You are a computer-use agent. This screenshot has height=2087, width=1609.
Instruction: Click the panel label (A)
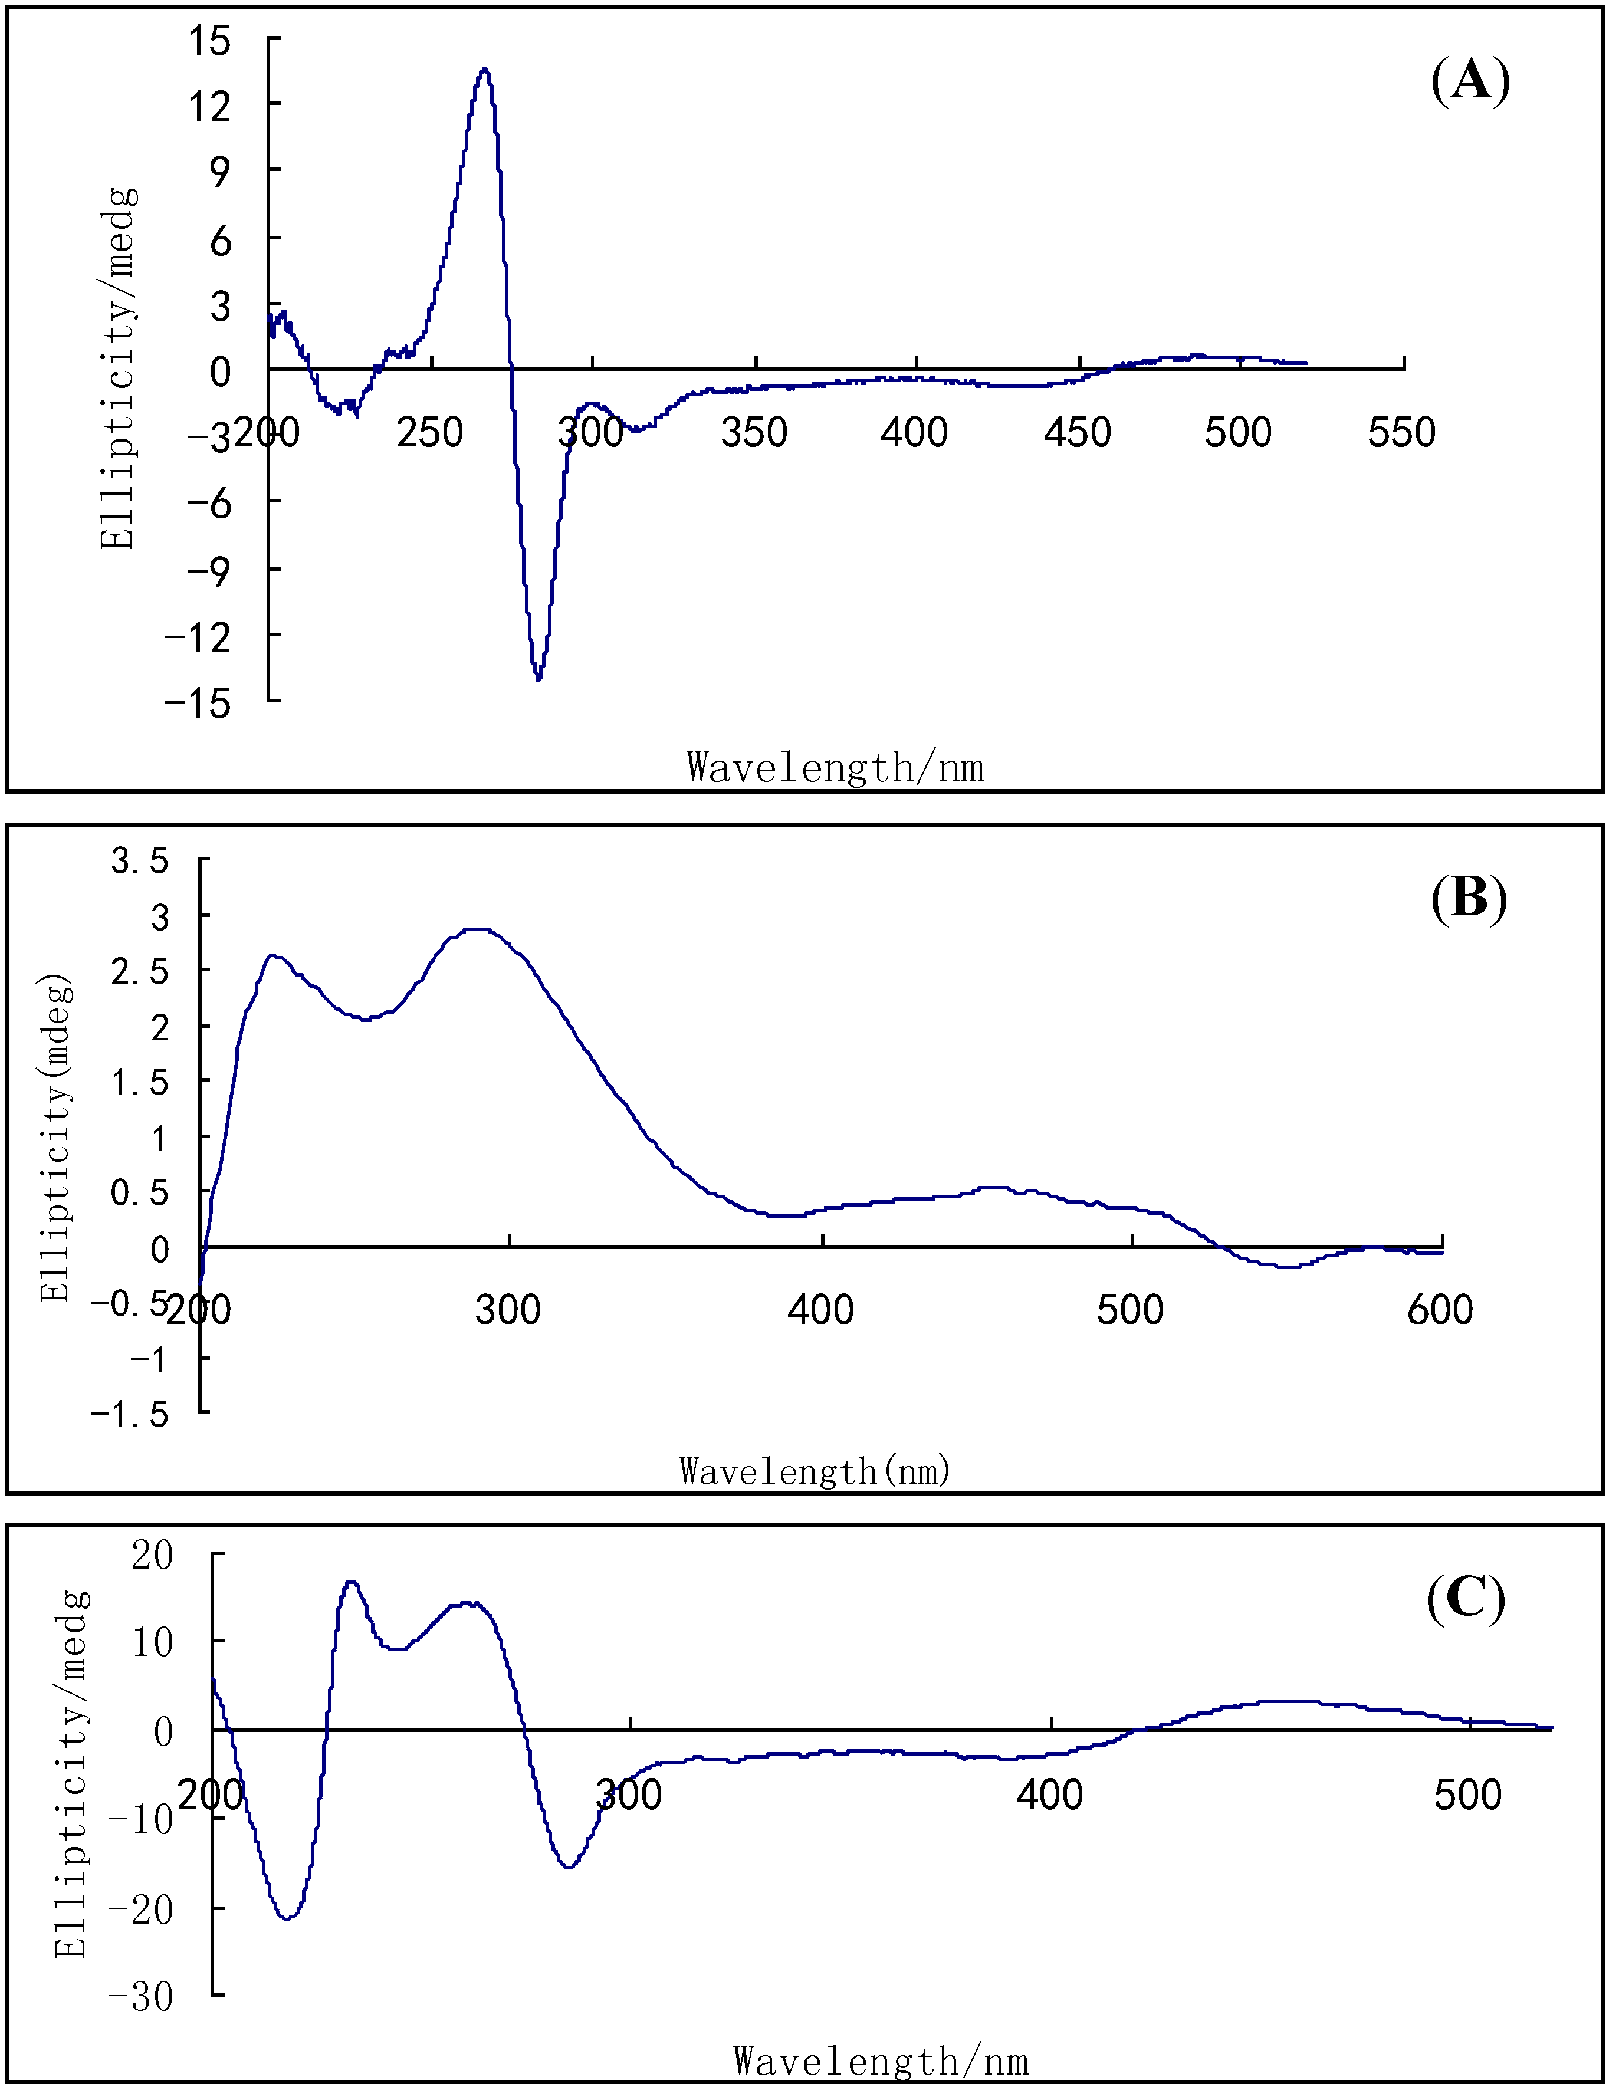pyautogui.click(x=1469, y=80)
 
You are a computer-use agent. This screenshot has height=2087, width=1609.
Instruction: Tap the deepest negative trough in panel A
pyautogui.click(x=539, y=678)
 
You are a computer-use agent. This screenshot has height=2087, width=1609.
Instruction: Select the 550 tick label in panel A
pyautogui.click(x=1401, y=433)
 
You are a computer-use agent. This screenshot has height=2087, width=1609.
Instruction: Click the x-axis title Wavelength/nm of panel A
pyautogui.click(x=834, y=767)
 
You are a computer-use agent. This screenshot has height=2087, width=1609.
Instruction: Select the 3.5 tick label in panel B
pyautogui.click(x=140, y=861)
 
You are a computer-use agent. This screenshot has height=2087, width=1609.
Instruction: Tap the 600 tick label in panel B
pyautogui.click(x=1440, y=1309)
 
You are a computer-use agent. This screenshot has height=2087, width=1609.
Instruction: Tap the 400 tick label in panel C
pyautogui.click(x=1049, y=1795)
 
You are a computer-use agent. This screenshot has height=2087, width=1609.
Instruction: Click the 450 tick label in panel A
pyautogui.click(x=1077, y=433)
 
